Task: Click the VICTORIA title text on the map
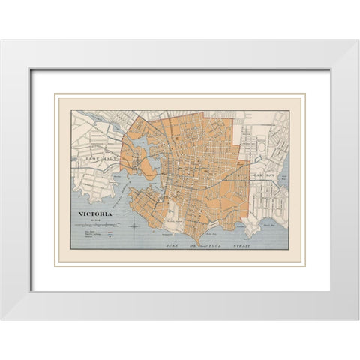pyautogui.click(x=95, y=214)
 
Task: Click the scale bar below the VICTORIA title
pyautogui.click(x=97, y=224)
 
